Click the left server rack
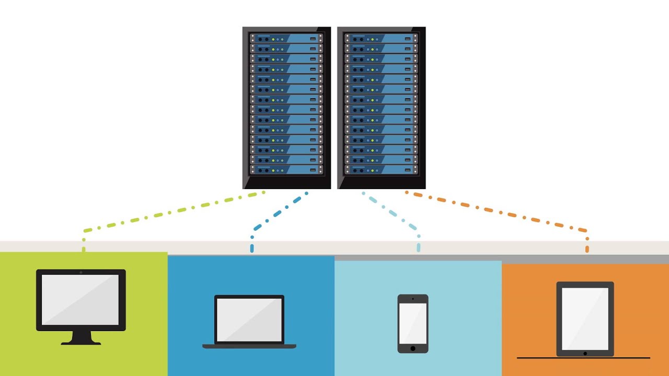click(x=286, y=107)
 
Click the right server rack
click(x=382, y=107)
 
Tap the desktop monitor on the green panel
click(x=81, y=300)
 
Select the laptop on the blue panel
click(x=249, y=321)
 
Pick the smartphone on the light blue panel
click(x=413, y=323)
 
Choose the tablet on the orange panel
click(x=585, y=319)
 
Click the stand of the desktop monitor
click(x=81, y=338)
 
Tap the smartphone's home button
click(x=413, y=348)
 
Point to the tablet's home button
click(x=585, y=354)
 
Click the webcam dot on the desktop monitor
click(x=81, y=273)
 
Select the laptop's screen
click(x=249, y=320)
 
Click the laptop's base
click(x=249, y=346)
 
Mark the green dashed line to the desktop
click(x=172, y=211)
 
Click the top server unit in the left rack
click(x=286, y=39)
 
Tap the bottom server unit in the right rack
click(x=382, y=170)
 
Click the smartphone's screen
click(x=413, y=322)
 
